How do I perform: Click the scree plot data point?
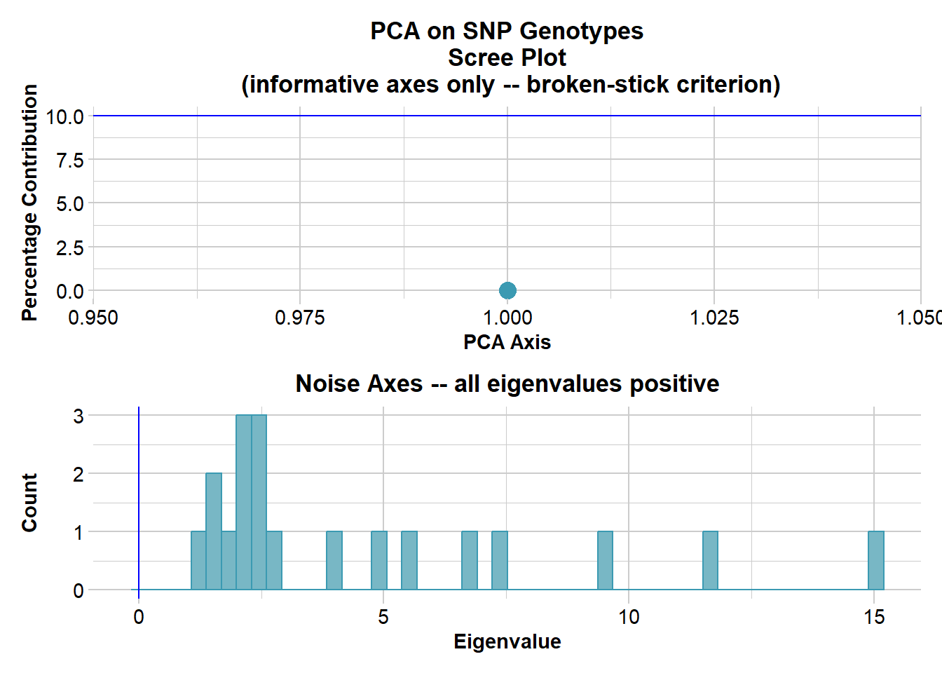[507, 290]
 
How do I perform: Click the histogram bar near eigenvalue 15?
[875, 561]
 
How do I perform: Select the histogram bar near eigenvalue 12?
[710, 561]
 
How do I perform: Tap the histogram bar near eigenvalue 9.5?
[605, 561]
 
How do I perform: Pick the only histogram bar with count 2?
[214, 531]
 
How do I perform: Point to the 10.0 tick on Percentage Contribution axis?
[64, 116]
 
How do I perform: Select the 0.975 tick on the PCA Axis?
[300, 318]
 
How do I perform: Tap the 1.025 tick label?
[714, 318]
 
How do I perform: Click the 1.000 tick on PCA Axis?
[507, 318]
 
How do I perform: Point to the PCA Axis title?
[507, 342]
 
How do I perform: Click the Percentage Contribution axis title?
[29, 203]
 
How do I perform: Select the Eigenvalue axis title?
[507, 641]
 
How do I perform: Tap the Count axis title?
[29, 502]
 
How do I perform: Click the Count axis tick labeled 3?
[78, 416]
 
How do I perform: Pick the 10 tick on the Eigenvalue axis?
[629, 617]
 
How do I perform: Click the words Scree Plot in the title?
[507, 57]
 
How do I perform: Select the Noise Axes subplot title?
[507, 383]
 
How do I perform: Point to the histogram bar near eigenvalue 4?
[334, 561]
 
